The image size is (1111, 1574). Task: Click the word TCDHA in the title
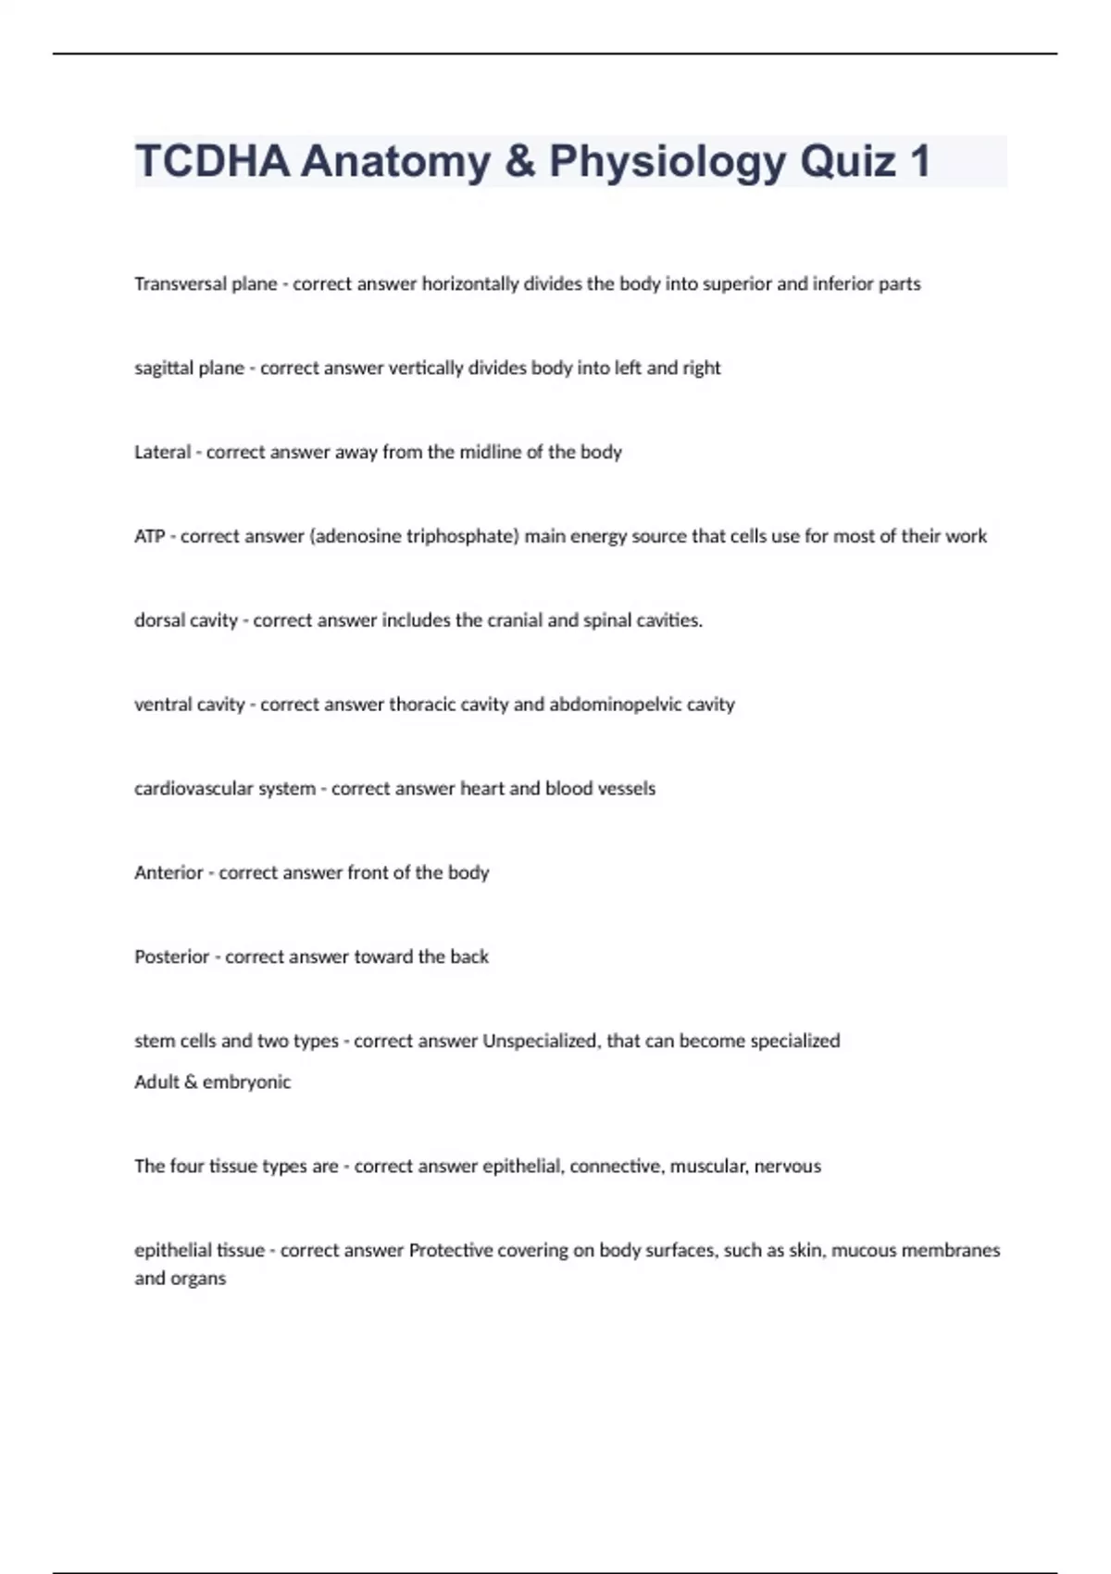point(212,161)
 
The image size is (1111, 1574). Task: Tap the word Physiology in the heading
point(668,161)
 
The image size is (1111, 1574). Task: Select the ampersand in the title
point(520,161)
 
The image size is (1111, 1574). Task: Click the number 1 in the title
point(919,161)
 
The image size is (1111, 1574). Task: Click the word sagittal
point(162,369)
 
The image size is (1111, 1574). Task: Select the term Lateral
point(162,453)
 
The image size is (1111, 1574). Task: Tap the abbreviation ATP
point(149,537)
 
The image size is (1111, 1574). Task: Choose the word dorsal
point(158,620)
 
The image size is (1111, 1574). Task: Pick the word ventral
point(162,705)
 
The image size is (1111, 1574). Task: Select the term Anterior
point(169,873)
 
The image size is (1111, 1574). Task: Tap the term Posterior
point(171,957)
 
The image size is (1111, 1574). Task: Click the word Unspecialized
point(542,1041)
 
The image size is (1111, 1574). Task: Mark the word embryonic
point(246,1082)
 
